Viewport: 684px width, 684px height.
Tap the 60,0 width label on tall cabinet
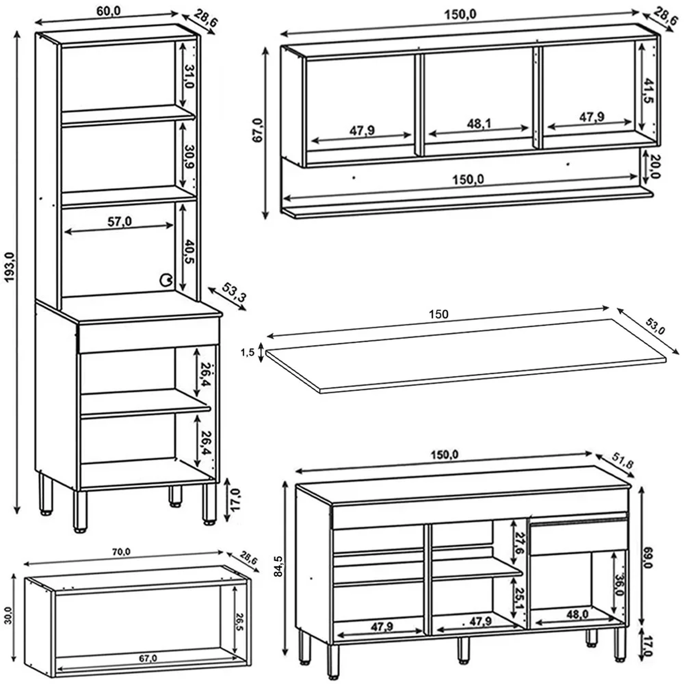[x=109, y=11]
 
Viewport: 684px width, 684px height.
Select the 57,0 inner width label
[x=120, y=222]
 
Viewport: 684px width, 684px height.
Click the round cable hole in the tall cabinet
[x=166, y=280]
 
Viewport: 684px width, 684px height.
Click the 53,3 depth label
[x=234, y=292]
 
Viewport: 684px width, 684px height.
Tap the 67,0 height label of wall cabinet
[x=258, y=130]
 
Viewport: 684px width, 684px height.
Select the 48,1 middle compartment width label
[x=479, y=124]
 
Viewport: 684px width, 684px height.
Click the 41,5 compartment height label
[x=648, y=91]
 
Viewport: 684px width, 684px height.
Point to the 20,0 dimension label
[x=655, y=167]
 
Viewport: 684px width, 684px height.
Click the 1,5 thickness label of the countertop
[x=247, y=352]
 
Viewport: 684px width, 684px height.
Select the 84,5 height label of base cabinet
[x=279, y=565]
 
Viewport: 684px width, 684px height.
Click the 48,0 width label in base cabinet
[x=577, y=614]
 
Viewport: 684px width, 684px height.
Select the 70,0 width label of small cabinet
[x=121, y=552]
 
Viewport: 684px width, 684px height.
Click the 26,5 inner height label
[x=240, y=621]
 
